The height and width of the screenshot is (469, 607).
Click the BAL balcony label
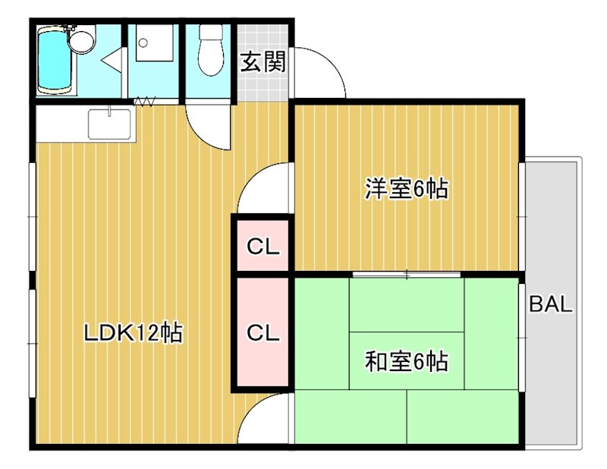click(x=551, y=305)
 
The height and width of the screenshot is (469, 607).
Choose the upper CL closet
click(x=263, y=246)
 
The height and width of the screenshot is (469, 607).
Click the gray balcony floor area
click(x=553, y=379)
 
